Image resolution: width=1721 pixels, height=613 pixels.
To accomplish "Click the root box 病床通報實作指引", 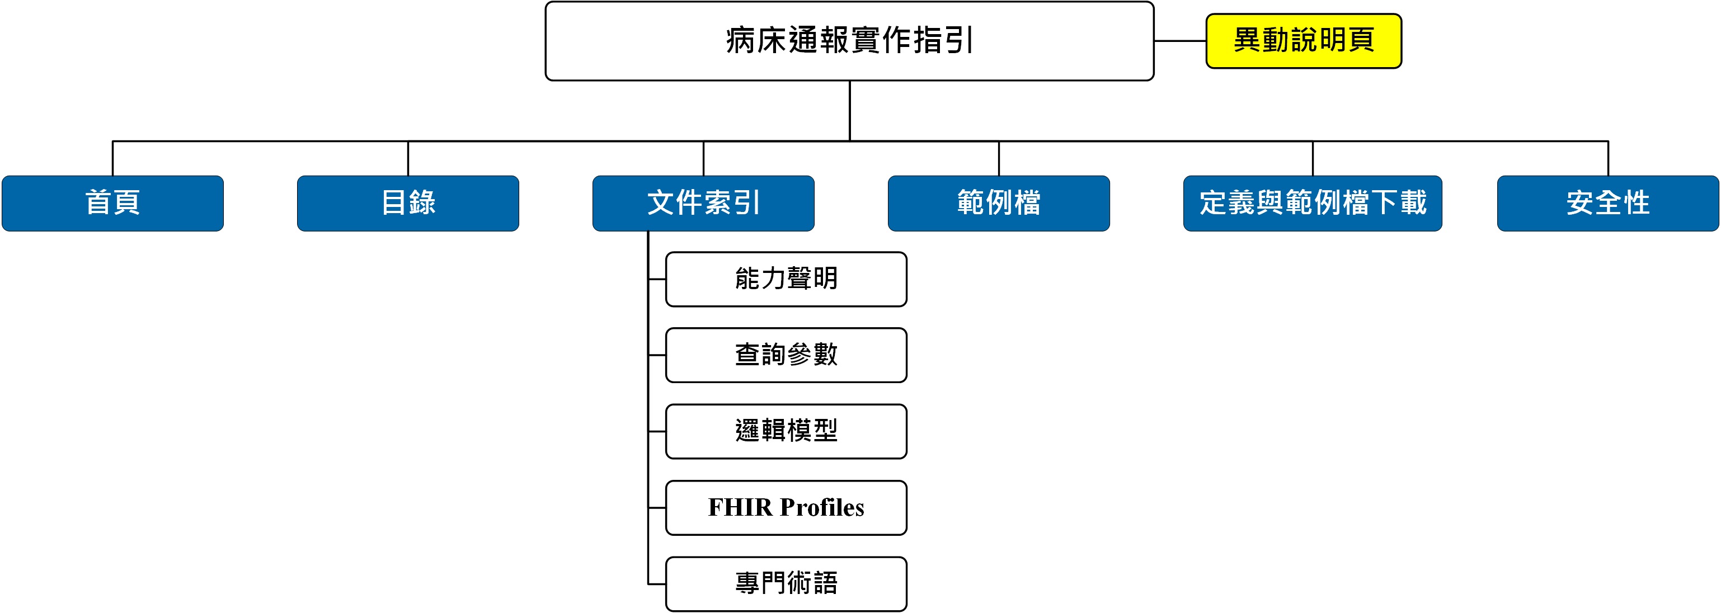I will (x=849, y=41).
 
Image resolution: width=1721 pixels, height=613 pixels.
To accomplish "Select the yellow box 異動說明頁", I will (x=1304, y=41).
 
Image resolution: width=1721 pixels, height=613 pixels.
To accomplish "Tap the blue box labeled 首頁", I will (x=113, y=203).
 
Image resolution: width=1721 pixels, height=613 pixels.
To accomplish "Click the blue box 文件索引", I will (x=703, y=203).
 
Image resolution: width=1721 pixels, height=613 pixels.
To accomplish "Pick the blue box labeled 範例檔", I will (x=999, y=203).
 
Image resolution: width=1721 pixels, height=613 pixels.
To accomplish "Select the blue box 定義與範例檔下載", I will (x=1313, y=203).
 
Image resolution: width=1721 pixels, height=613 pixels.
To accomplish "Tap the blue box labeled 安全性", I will (x=1608, y=203).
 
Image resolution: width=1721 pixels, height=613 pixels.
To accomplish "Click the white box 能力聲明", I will (x=786, y=279).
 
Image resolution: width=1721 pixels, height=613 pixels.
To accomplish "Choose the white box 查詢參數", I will (x=786, y=355).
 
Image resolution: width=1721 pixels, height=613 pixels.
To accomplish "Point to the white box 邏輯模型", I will (x=786, y=431).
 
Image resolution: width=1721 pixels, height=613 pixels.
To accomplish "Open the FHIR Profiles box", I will (x=786, y=507).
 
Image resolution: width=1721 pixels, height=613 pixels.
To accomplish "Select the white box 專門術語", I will (x=786, y=583).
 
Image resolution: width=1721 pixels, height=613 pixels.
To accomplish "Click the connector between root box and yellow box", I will (x=1180, y=41).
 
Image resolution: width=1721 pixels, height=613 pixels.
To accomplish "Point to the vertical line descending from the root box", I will (x=850, y=111).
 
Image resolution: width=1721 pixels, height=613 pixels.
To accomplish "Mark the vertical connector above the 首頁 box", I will (x=113, y=158).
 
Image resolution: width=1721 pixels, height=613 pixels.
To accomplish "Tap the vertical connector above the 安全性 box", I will (x=1608, y=158).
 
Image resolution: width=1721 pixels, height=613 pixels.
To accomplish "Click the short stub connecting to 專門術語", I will (x=657, y=584).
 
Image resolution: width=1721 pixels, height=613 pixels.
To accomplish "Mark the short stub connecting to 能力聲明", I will (x=657, y=279).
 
